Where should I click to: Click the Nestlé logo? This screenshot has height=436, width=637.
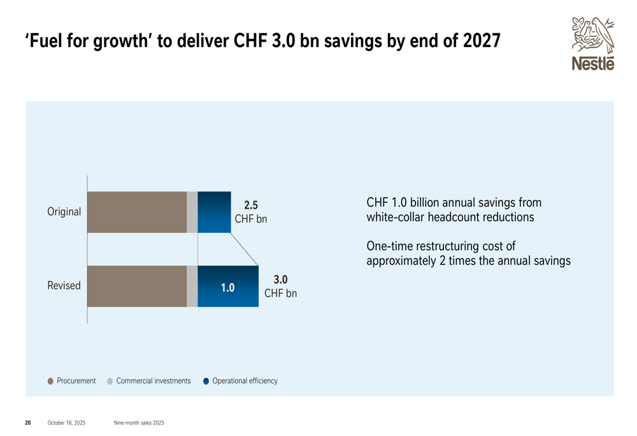click(592, 43)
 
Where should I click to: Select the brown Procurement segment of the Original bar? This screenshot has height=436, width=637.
click(136, 212)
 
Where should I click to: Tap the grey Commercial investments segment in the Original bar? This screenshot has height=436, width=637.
click(192, 212)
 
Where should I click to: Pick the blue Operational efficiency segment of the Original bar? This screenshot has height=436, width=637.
click(214, 212)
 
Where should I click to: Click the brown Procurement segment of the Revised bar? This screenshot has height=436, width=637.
click(136, 286)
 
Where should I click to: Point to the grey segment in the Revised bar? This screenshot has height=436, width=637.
click(192, 286)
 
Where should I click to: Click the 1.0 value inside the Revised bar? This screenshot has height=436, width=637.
click(227, 288)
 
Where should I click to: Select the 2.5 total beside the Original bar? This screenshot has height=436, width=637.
click(251, 205)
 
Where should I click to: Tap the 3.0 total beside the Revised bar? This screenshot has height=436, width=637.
click(280, 279)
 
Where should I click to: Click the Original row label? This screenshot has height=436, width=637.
click(64, 212)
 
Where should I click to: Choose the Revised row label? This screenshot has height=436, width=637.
click(64, 286)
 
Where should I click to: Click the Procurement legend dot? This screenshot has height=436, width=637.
click(50, 381)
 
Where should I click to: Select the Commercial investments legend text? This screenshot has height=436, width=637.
click(153, 381)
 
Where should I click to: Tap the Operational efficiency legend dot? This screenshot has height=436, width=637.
click(206, 381)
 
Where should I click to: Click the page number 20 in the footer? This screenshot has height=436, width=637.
click(27, 423)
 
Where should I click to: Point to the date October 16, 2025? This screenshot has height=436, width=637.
click(66, 423)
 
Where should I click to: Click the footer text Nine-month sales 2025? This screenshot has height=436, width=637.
click(138, 423)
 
